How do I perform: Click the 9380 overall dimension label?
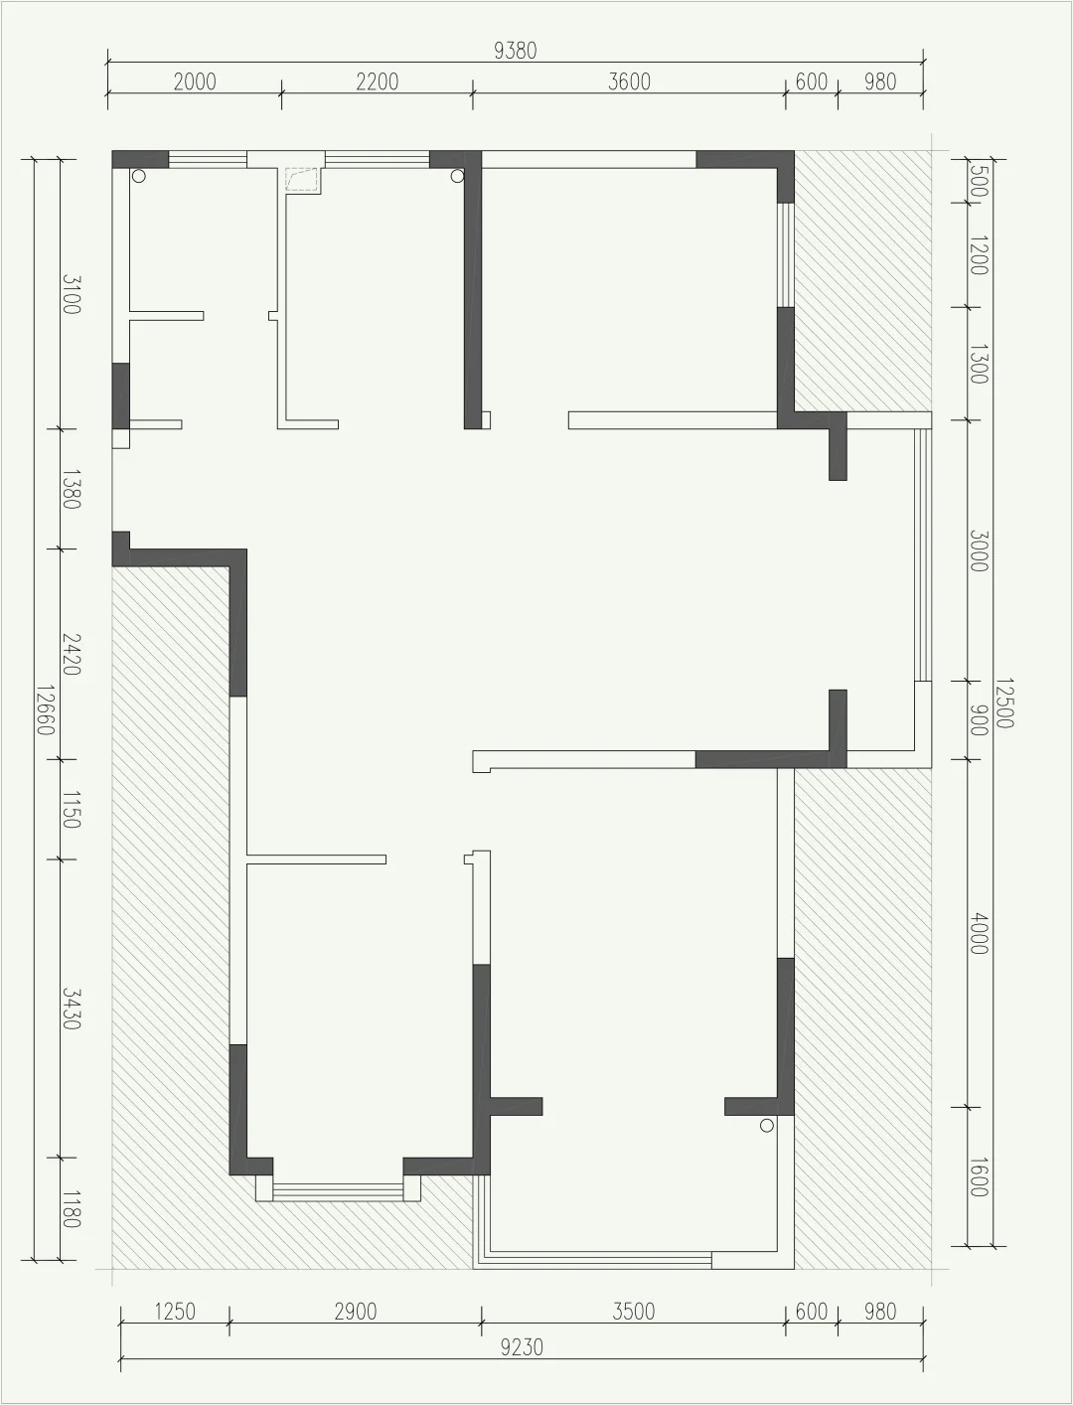point(515,51)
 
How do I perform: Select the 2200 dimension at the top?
point(377,81)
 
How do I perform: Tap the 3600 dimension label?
point(629,81)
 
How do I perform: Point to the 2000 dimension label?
point(195,81)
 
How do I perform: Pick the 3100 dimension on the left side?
point(71,294)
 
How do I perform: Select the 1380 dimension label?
point(71,489)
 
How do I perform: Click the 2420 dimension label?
point(71,654)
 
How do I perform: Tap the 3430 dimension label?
point(71,1009)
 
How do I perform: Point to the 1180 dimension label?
point(71,1209)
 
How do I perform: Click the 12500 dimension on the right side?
point(1003,703)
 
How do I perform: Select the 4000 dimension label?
point(979,935)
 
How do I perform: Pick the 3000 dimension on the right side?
point(979,550)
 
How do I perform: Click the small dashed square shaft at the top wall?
point(302,180)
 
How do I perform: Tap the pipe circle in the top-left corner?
point(138,176)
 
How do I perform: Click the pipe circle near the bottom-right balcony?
point(767,1126)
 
